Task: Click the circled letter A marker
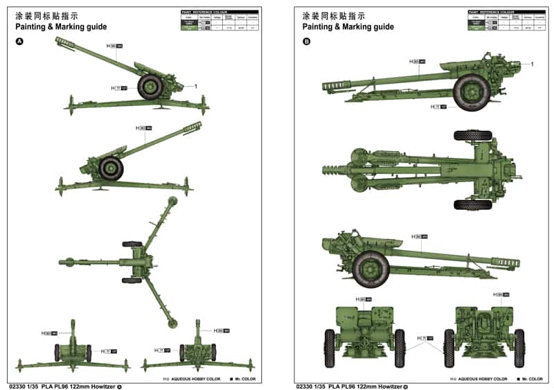[x=19, y=42]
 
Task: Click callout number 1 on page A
[x=196, y=86]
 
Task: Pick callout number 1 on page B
[x=532, y=64]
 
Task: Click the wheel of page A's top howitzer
[x=150, y=86]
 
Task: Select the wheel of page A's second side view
[x=111, y=168]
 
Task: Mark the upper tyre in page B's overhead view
[x=472, y=135]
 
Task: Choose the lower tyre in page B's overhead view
[x=472, y=204]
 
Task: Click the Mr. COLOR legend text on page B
[x=533, y=379]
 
